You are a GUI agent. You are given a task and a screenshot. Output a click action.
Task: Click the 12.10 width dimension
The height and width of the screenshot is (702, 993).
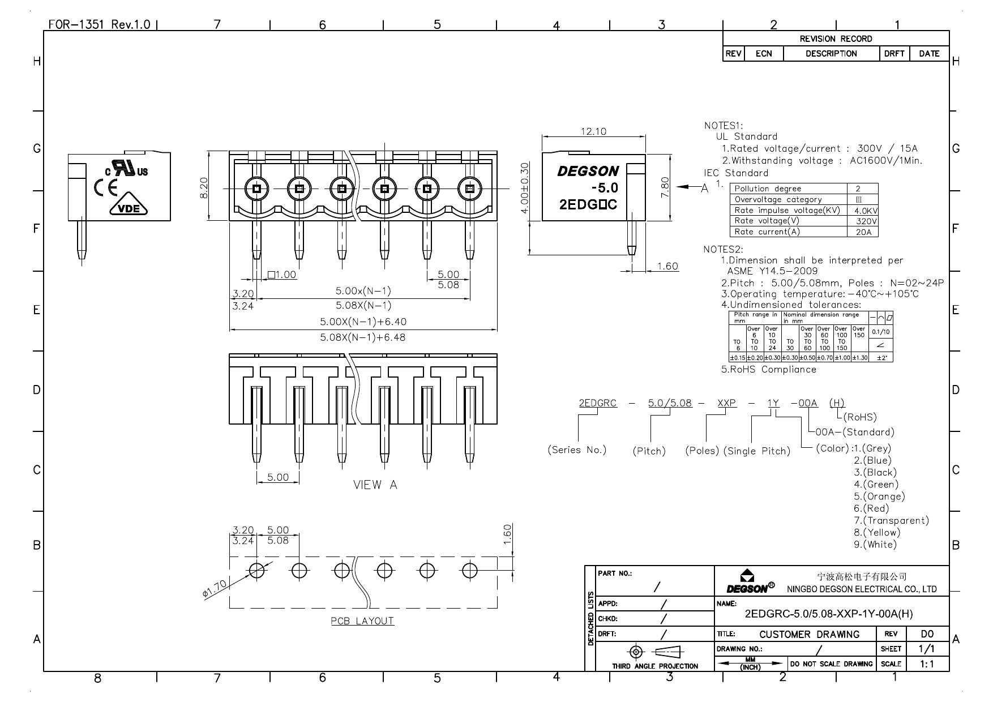(593, 131)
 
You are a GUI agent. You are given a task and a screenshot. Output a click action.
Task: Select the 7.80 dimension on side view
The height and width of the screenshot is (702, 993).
(666, 187)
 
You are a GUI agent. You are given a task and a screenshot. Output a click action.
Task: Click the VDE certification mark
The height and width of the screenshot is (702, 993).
(129, 208)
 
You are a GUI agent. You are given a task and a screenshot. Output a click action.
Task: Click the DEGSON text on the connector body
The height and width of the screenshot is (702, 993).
(588, 171)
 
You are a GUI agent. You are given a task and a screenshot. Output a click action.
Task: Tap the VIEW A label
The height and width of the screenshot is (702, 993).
(375, 485)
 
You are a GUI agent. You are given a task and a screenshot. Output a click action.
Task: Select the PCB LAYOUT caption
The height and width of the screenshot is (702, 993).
(362, 621)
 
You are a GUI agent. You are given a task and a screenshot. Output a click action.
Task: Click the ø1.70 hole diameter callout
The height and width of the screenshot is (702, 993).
(214, 589)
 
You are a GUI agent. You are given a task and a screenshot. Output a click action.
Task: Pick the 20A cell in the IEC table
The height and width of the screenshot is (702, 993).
(863, 232)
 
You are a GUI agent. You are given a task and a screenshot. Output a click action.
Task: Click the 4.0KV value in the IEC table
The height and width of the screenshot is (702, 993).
(866, 211)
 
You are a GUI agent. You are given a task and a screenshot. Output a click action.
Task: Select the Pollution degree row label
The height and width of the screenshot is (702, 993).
(768, 189)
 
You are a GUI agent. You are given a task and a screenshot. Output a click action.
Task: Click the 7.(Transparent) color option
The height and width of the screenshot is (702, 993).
(892, 520)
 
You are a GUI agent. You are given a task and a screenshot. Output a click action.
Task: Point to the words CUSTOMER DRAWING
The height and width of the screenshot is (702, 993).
(809, 635)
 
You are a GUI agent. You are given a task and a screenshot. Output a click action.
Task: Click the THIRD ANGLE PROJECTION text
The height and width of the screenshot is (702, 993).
(655, 666)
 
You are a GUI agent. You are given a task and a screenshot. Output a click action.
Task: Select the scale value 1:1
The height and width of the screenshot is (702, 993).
(927, 664)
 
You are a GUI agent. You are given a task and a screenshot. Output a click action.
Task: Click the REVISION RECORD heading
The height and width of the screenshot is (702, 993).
(836, 39)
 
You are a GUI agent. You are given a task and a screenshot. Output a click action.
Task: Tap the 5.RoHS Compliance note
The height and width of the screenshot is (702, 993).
(768, 370)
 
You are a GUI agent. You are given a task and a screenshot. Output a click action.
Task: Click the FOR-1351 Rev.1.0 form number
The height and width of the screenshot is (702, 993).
(99, 24)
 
